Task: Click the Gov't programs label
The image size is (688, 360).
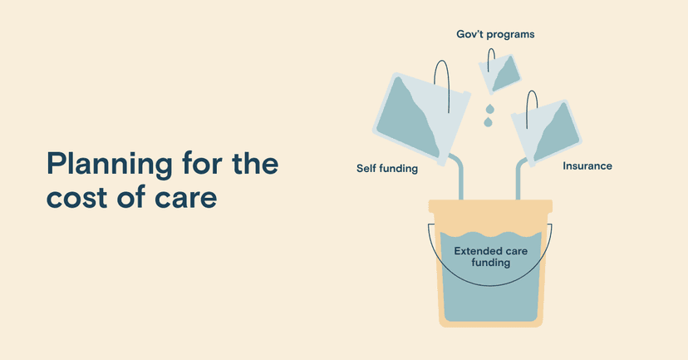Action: [495, 34]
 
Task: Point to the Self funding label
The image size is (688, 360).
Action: [387, 168]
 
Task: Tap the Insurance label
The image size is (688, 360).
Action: [587, 166]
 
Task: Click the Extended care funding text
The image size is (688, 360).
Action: [490, 257]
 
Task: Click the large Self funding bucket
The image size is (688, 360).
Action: [421, 119]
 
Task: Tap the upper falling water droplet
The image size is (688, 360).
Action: [489, 108]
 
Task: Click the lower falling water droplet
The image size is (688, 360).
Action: [488, 122]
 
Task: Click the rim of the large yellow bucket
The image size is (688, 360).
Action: [490, 206]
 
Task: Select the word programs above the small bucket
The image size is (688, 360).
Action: [511, 35]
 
